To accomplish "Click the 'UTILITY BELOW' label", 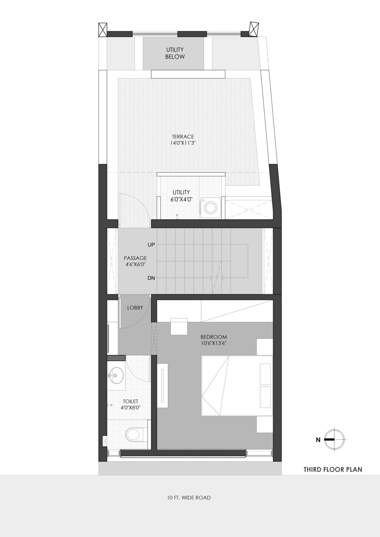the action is click(x=175, y=53).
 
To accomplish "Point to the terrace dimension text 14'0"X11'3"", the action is click(x=183, y=143).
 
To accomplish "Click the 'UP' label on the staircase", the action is click(x=151, y=245).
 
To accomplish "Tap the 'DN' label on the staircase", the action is click(x=151, y=278).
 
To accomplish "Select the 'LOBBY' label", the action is click(x=135, y=308).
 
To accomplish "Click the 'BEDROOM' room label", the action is click(x=214, y=337).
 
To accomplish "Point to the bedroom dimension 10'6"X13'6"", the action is click(x=214, y=343).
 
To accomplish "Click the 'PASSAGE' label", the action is click(x=135, y=258).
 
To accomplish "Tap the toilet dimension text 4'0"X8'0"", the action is click(x=131, y=407).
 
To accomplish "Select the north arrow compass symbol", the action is click(x=335, y=440).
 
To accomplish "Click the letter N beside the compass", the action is click(x=318, y=440).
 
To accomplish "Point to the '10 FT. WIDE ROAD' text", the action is click(x=189, y=497).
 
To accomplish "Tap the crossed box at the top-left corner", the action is click(x=102, y=30).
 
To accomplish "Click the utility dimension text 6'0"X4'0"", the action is click(x=182, y=199).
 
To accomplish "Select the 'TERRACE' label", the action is click(x=183, y=137).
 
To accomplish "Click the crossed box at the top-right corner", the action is click(x=254, y=29).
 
